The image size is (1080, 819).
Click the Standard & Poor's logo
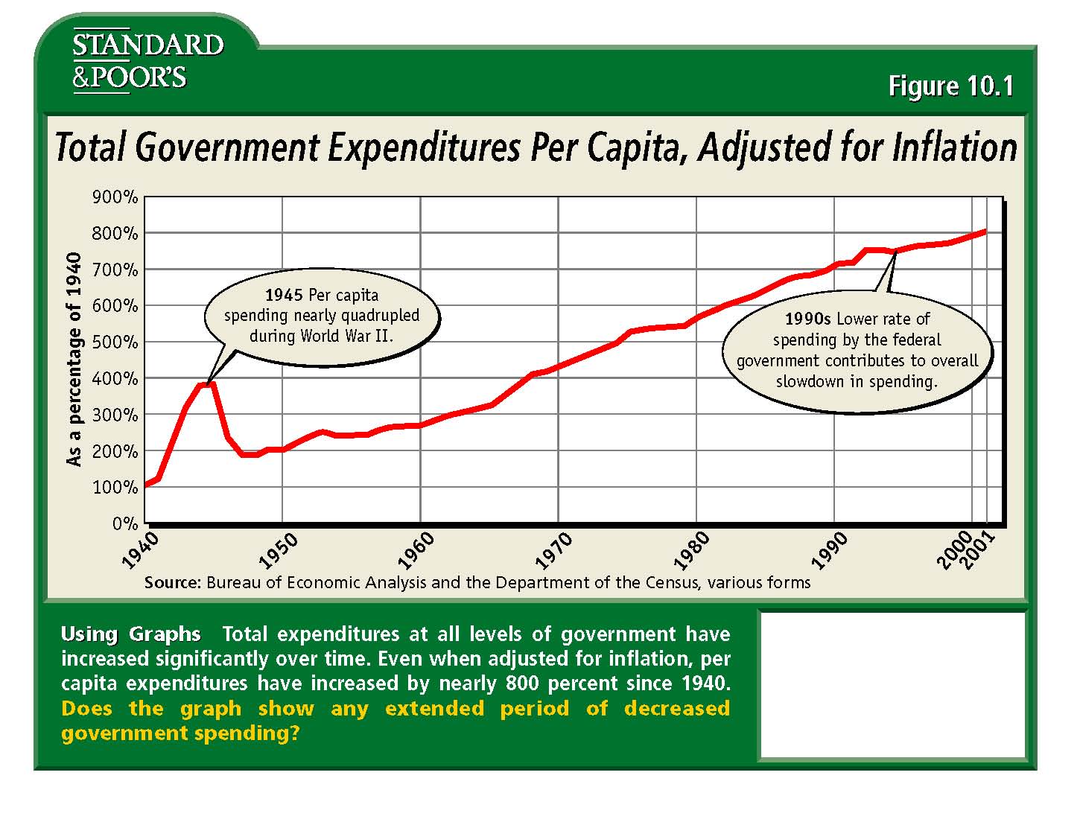[147, 61]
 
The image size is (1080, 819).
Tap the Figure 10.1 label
[950, 86]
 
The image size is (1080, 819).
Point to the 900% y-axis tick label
[115, 197]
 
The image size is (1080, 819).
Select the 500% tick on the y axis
[115, 342]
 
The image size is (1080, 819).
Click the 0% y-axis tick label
[125, 524]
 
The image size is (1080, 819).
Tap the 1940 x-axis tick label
[140, 549]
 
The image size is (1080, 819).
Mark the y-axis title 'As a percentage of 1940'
[74, 360]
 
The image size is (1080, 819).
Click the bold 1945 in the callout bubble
[284, 295]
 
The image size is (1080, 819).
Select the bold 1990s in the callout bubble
[807, 319]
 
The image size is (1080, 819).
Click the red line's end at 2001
[985, 231]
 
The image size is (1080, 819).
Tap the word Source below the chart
[172, 582]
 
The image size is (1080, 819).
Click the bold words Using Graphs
[130, 634]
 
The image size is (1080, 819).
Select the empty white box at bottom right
[892, 684]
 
